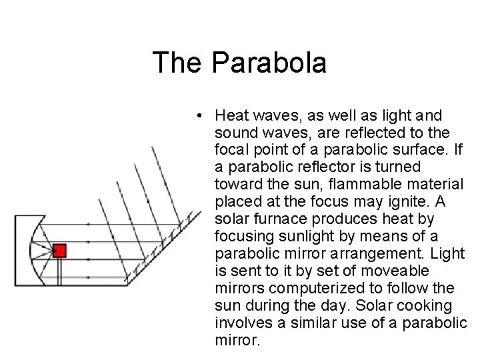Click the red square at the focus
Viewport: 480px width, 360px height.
pos(59,251)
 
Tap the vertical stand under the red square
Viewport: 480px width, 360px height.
pos(59,269)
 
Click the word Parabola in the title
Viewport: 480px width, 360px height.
pos(270,63)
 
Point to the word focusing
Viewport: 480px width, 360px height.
pos(243,237)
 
